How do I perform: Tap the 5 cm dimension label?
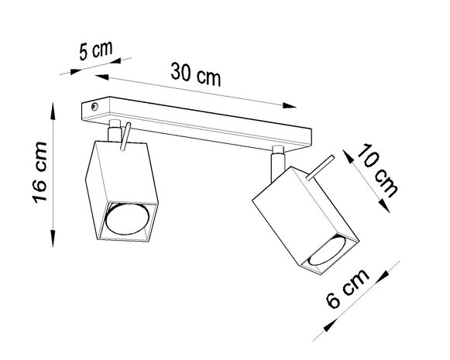click(x=96, y=53)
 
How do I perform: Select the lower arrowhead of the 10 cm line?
click(x=384, y=207)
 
